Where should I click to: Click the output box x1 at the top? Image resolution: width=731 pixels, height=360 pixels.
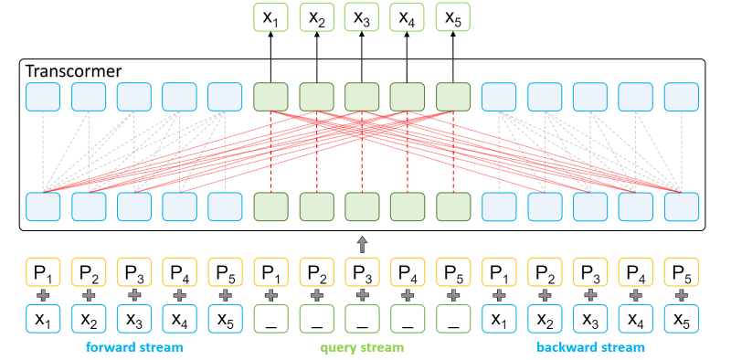click(x=271, y=17)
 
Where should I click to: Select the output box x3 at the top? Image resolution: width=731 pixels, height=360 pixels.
click(x=363, y=17)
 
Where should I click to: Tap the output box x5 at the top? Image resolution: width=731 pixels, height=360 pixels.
click(x=454, y=17)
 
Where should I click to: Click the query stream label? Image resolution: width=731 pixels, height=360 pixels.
click(x=363, y=347)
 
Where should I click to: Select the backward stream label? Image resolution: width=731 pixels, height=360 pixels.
click(x=590, y=347)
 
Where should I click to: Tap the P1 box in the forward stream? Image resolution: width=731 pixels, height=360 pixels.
click(x=43, y=272)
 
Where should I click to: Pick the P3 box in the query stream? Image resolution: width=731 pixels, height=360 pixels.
click(x=363, y=272)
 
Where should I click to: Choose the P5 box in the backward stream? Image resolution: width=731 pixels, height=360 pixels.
click(x=682, y=272)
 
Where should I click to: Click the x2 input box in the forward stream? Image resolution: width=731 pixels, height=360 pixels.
click(x=89, y=321)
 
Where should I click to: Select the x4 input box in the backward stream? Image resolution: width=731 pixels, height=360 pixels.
click(x=636, y=321)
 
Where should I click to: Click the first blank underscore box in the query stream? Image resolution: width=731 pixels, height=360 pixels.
click(x=271, y=321)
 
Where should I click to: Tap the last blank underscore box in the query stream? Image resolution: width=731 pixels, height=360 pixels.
click(x=454, y=321)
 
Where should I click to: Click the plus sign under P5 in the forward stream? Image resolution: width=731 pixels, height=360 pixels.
click(x=226, y=296)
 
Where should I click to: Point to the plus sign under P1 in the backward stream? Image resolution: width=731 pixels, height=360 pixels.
click(x=499, y=296)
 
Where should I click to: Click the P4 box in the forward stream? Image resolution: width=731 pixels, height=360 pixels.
click(x=180, y=272)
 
